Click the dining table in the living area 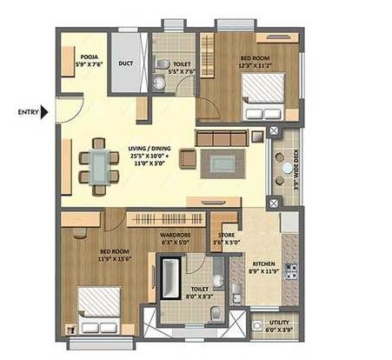[97, 163]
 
